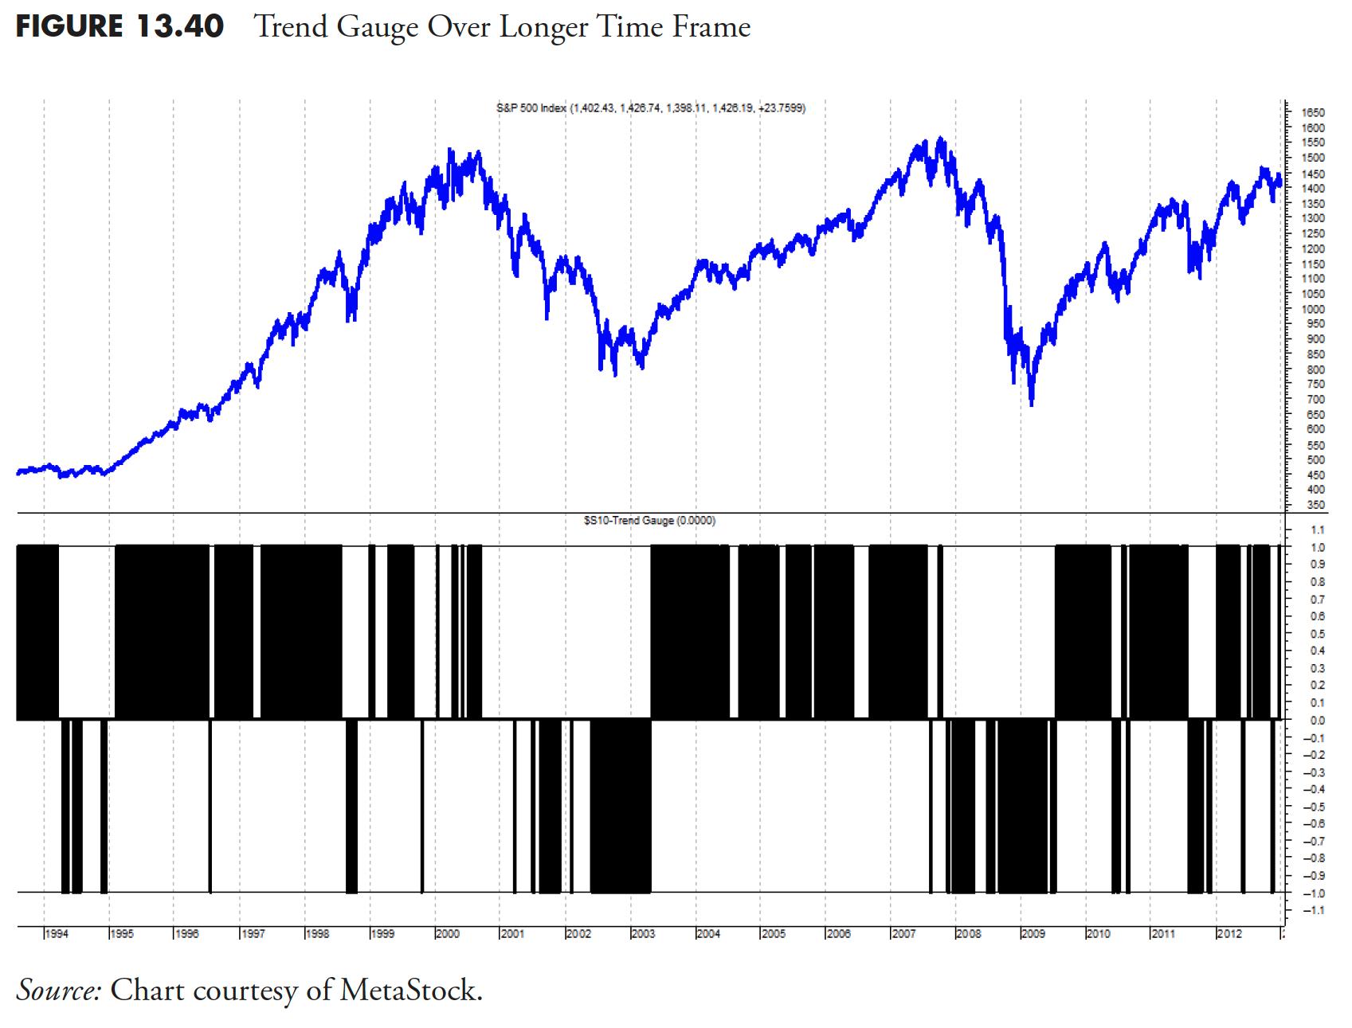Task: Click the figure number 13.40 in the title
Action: click(180, 27)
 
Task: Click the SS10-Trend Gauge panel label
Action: click(650, 521)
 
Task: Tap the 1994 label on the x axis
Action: click(56, 934)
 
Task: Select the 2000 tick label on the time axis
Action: click(448, 934)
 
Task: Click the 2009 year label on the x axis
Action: click(1033, 934)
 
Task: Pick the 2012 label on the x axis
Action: click(1229, 934)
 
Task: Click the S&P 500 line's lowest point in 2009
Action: click(1032, 405)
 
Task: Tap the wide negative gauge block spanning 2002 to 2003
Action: click(621, 806)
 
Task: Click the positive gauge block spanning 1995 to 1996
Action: click(163, 632)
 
